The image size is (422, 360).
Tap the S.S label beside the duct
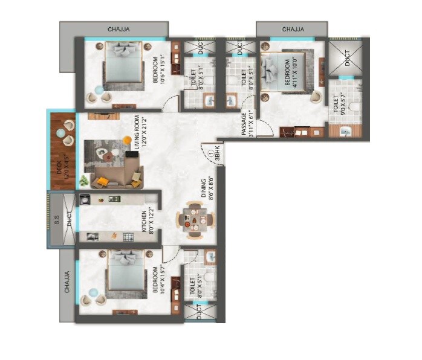[56, 222]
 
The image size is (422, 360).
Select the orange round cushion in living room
[127, 140]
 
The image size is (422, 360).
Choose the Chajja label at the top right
[293, 29]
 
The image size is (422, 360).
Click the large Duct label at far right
[347, 57]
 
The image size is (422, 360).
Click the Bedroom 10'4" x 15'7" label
[158, 280]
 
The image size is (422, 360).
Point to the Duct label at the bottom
[200, 312]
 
